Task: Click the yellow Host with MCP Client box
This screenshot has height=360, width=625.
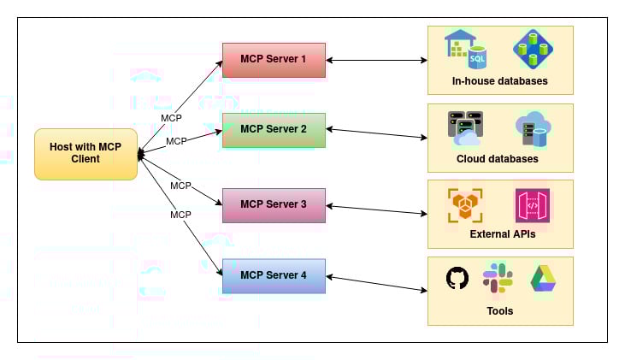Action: click(x=85, y=153)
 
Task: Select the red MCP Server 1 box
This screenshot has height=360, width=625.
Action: click(x=274, y=60)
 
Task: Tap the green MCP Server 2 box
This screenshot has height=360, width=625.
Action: click(x=274, y=129)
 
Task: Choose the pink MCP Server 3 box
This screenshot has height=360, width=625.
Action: click(x=274, y=204)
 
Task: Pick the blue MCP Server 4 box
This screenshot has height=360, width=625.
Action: click(x=274, y=274)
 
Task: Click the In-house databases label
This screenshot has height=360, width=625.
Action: click(x=500, y=82)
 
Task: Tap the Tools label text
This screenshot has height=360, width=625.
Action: click(x=499, y=311)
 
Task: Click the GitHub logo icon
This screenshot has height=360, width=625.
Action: click(x=457, y=278)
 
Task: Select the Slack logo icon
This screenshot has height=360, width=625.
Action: click(x=498, y=279)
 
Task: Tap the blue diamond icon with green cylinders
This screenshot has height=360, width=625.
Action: click(x=531, y=50)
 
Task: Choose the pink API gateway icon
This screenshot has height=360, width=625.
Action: click(x=532, y=206)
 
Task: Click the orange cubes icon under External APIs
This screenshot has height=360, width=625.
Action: click(x=465, y=206)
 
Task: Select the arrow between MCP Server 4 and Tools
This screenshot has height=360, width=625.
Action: click(x=376, y=282)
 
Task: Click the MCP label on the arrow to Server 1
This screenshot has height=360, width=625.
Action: click(x=171, y=118)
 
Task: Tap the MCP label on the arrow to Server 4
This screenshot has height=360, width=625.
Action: click(x=180, y=215)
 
